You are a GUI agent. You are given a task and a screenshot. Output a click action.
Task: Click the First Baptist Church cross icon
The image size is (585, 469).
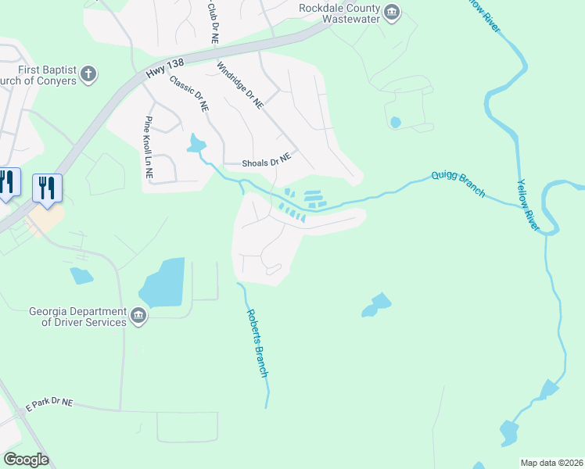click(89, 75)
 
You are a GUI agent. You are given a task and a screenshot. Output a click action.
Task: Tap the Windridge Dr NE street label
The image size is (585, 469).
click(240, 86)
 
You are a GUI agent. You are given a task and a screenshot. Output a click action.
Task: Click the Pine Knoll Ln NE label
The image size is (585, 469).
click(149, 149)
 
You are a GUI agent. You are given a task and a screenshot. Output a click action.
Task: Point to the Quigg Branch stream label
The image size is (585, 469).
click(458, 184)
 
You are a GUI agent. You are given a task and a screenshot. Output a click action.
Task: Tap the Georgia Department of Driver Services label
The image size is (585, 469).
click(78, 316)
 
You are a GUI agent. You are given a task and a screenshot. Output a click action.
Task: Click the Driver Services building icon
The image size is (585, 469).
click(138, 316)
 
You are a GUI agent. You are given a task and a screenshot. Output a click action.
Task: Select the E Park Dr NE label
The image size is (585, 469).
click(49, 404)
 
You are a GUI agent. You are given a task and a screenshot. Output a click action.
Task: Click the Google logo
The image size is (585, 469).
click(26, 460)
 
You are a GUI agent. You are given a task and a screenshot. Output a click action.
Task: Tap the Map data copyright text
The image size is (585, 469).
click(552, 463)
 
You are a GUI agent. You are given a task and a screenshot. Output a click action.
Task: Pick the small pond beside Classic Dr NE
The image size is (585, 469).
click(196, 143)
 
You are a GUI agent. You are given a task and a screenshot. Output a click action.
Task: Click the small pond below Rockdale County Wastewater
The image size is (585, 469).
click(395, 122)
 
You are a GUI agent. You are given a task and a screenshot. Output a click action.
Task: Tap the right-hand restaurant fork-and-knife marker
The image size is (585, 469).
click(48, 188)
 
